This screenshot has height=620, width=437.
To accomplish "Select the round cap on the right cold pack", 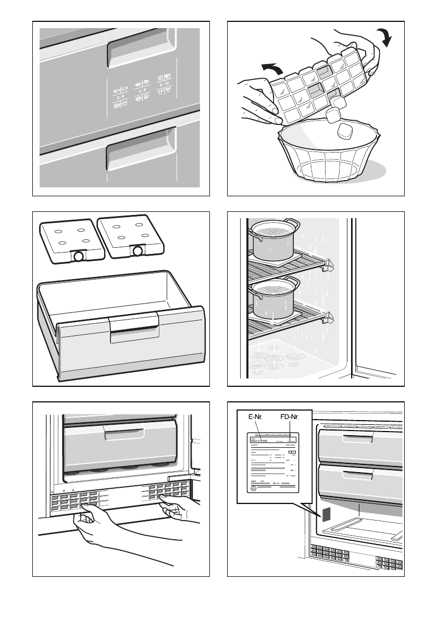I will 138,250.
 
